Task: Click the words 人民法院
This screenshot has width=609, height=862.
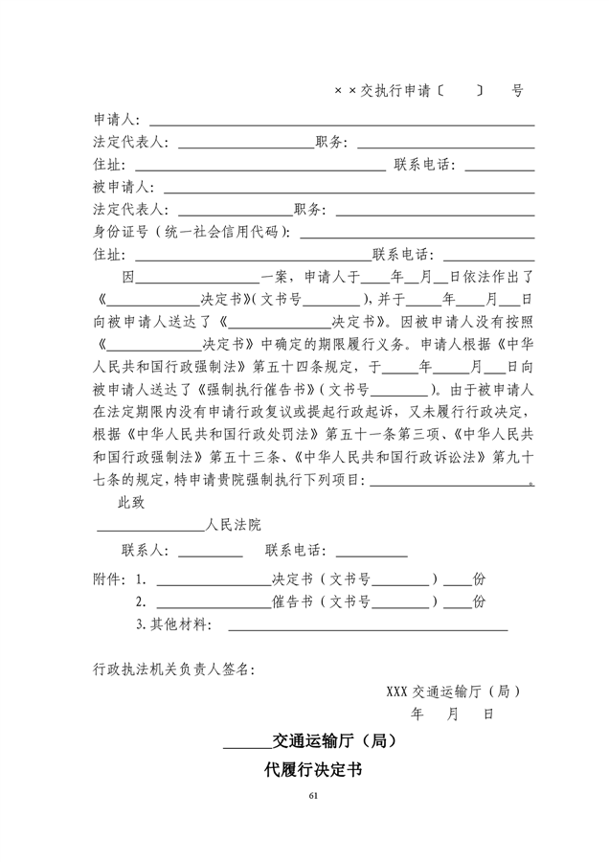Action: (233, 525)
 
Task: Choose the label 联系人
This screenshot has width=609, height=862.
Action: (145, 551)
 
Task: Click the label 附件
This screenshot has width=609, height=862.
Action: (108, 579)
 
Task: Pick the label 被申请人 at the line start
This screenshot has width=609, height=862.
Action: (116, 187)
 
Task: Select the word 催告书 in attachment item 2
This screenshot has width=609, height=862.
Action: (289, 601)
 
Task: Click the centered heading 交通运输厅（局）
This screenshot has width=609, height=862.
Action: (334, 739)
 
